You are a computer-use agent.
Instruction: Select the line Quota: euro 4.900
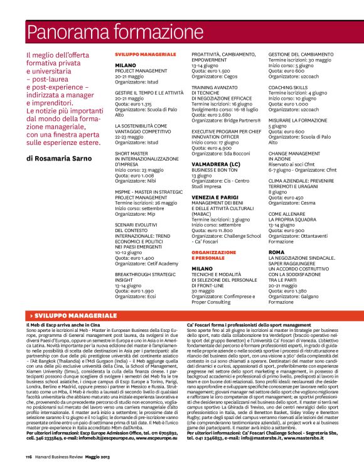[213, 147]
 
